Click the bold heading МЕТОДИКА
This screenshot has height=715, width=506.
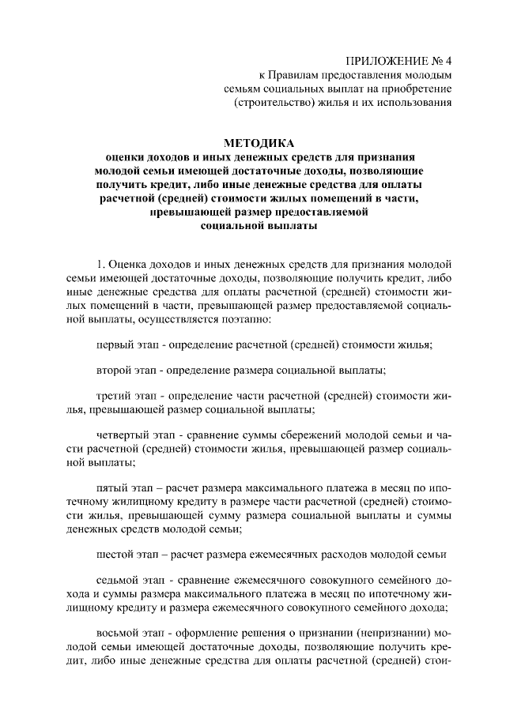pos(259,143)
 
